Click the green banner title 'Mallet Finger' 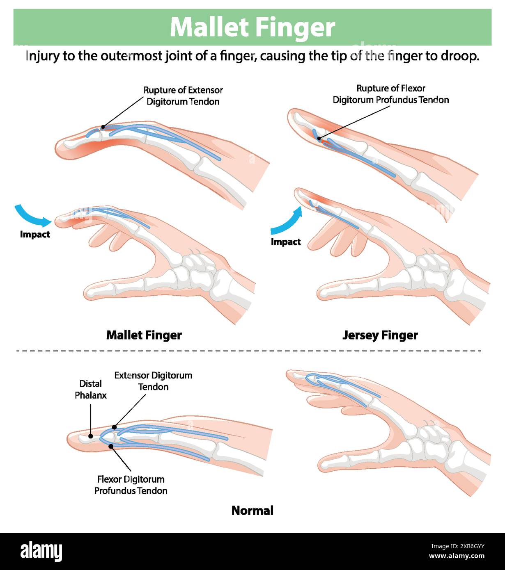[x=252, y=27]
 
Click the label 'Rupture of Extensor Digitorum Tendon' [x=183, y=96]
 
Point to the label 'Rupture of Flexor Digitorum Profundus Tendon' [x=390, y=94]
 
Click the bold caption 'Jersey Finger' [x=380, y=335]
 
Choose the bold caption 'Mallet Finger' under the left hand [x=144, y=335]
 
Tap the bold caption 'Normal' [x=252, y=511]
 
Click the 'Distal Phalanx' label [x=90, y=389]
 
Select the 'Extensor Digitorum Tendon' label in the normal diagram [x=153, y=381]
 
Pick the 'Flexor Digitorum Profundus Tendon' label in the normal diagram [x=131, y=485]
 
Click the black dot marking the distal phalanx [x=90, y=436]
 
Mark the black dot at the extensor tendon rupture [x=103, y=127]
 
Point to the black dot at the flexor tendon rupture [x=319, y=139]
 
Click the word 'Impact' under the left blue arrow [x=35, y=235]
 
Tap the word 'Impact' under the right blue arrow [x=286, y=242]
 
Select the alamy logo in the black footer [x=41, y=552]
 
